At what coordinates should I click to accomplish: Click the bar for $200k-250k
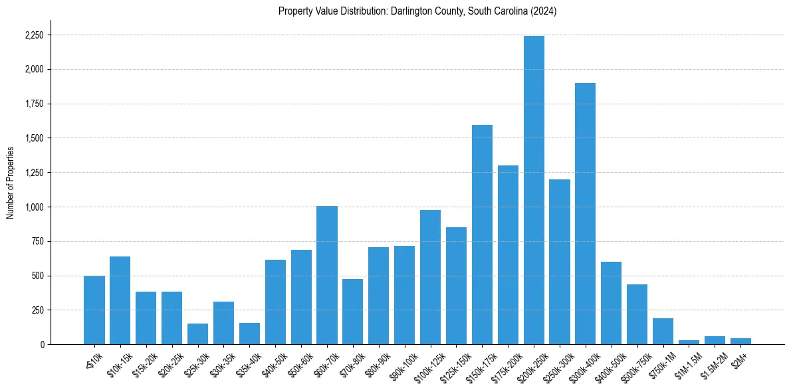[534, 190]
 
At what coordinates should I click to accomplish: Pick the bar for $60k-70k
[326, 275]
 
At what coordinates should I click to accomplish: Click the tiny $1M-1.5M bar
[689, 342]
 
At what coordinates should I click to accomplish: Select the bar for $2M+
[740, 341]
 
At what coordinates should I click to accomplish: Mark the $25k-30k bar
[197, 334]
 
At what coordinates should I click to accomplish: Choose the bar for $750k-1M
[663, 332]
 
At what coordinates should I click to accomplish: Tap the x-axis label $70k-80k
[350, 362]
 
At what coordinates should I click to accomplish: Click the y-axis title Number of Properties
[10, 183]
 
